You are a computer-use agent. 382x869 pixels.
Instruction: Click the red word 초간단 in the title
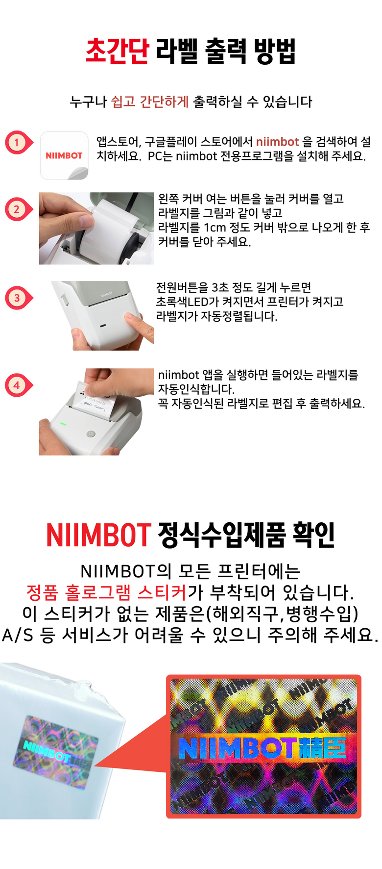[117, 51]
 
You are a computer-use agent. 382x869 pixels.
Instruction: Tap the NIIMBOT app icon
[64, 155]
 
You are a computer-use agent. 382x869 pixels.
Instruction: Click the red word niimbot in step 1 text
[277, 142]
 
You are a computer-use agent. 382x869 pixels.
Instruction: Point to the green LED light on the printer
[63, 424]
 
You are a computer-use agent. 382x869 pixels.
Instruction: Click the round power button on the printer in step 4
[90, 434]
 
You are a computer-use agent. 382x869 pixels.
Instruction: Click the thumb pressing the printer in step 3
[138, 324]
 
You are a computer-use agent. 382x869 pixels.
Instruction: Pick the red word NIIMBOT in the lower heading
[98, 535]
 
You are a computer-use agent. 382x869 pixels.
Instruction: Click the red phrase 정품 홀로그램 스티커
[106, 592]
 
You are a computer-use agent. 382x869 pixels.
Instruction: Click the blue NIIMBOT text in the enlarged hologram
[238, 748]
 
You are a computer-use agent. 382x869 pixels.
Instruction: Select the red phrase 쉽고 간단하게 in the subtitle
[150, 102]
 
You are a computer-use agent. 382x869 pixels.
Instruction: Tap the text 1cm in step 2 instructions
[214, 228]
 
